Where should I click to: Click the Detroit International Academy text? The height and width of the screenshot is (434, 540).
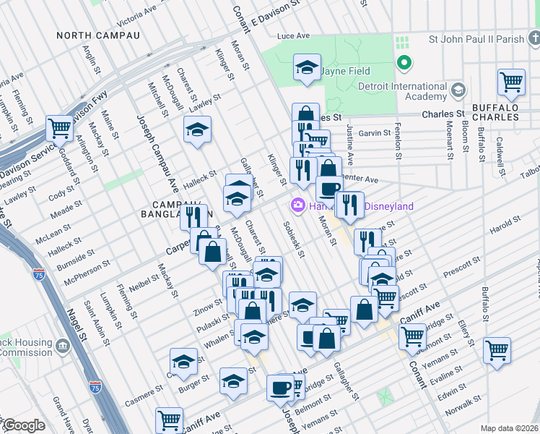point(402,91)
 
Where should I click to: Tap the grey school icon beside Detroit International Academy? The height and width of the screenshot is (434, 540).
point(457,90)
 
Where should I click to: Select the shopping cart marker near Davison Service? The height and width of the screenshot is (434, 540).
point(59,128)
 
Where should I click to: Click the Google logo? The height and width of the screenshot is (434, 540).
point(24,425)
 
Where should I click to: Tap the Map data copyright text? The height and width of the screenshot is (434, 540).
point(510,428)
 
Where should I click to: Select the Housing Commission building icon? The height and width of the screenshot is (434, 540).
point(63,346)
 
